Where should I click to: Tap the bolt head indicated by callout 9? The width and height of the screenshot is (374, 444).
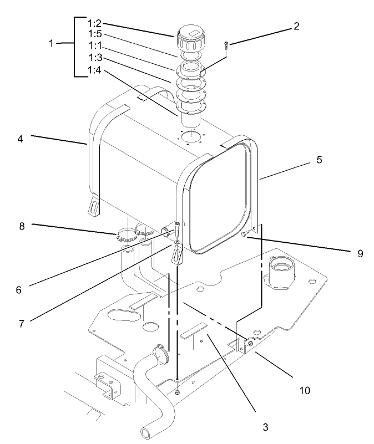pyautogui.click(x=244, y=235)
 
